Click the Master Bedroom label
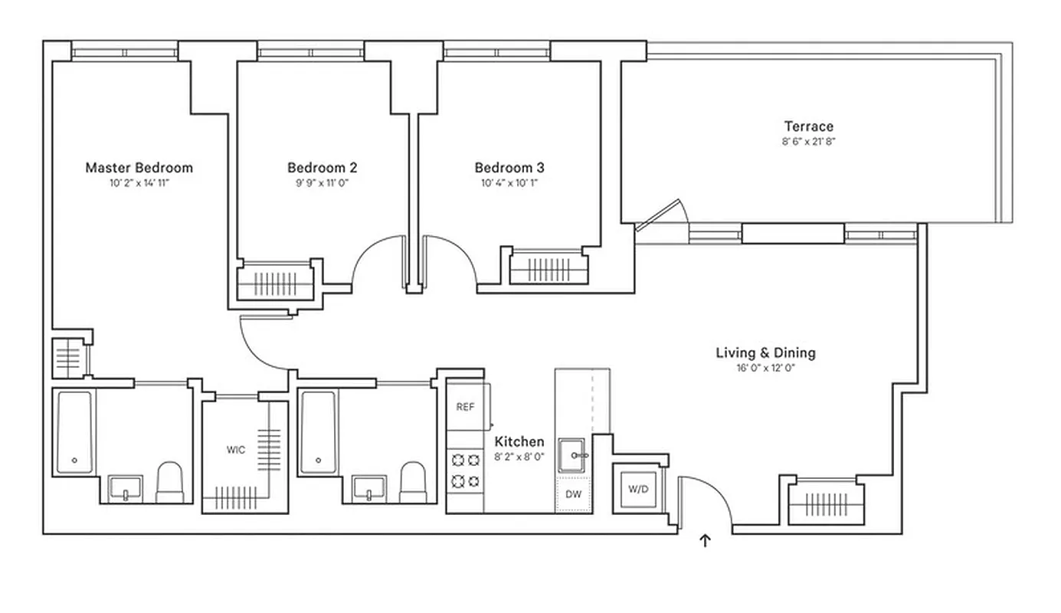pyautogui.click(x=139, y=167)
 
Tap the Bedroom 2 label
pyautogui.click(x=322, y=167)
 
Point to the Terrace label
pyautogui.click(x=808, y=126)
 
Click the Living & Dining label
pyautogui.click(x=765, y=352)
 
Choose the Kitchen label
pyautogui.click(x=519, y=441)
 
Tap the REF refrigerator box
pyautogui.click(x=465, y=407)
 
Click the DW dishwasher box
pyautogui.click(x=573, y=494)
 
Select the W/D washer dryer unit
pyautogui.click(x=637, y=488)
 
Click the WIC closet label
pyautogui.click(x=236, y=450)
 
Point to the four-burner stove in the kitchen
pyautogui.click(x=465, y=470)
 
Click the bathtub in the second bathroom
pyautogui.click(x=317, y=433)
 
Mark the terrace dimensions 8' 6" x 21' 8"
pyautogui.click(x=808, y=142)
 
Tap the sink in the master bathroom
pyautogui.click(x=125, y=487)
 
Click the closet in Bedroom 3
pyautogui.click(x=549, y=269)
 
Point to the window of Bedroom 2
pyautogui.click(x=310, y=53)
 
